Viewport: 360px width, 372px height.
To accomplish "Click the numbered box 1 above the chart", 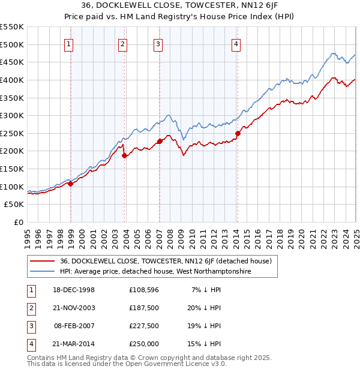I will pos(70,44).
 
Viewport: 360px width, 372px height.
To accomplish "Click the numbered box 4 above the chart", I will pos(236,44).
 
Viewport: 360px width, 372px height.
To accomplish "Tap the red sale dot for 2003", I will pos(125,155).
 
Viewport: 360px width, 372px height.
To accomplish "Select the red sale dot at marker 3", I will pos(160,142).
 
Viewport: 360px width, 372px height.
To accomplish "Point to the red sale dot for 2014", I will pos(238,133).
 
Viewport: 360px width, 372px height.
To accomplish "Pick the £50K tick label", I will pos(14,205).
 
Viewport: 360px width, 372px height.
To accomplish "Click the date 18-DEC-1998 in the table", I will pos(73,290).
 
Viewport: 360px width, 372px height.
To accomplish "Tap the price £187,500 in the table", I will pos(144,308).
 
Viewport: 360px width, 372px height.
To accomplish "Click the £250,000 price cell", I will pos(144,344).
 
